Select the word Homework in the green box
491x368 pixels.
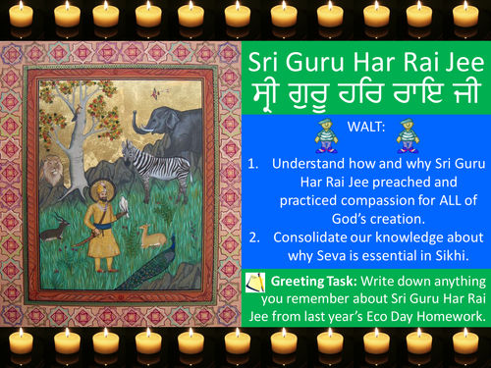click(x=433, y=321)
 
